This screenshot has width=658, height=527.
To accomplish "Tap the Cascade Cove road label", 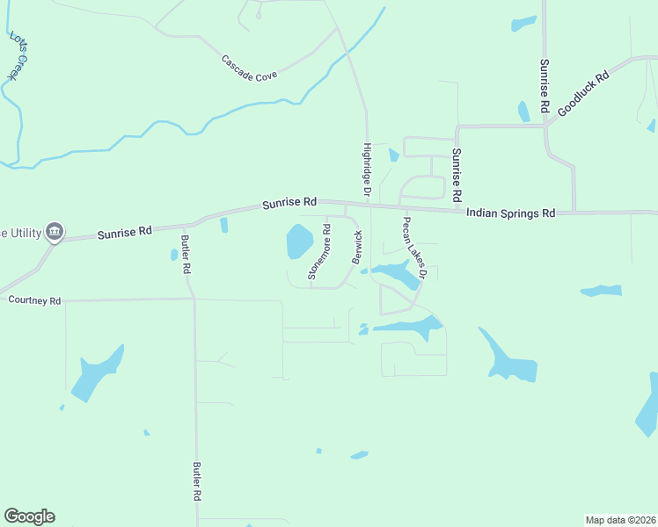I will (249, 69).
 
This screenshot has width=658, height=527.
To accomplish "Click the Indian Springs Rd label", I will (510, 213).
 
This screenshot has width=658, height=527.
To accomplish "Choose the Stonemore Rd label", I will (318, 252).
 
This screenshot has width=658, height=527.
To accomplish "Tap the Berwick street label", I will (357, 248).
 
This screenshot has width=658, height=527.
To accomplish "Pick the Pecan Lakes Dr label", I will (413, 249).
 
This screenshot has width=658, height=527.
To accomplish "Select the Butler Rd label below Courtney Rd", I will (198, 481).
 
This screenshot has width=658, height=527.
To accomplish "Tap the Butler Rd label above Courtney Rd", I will (186, 256).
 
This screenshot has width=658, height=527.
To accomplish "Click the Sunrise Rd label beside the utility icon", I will (124, 232).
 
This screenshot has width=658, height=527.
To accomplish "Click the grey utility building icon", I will (55, 231).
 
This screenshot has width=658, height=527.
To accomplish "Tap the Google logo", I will (29, 516).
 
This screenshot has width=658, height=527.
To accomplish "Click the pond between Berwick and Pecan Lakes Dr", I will (396, 273).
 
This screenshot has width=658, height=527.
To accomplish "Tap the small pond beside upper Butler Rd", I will (173, 255).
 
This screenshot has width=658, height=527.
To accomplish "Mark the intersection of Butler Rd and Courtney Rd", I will (194, 300).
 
